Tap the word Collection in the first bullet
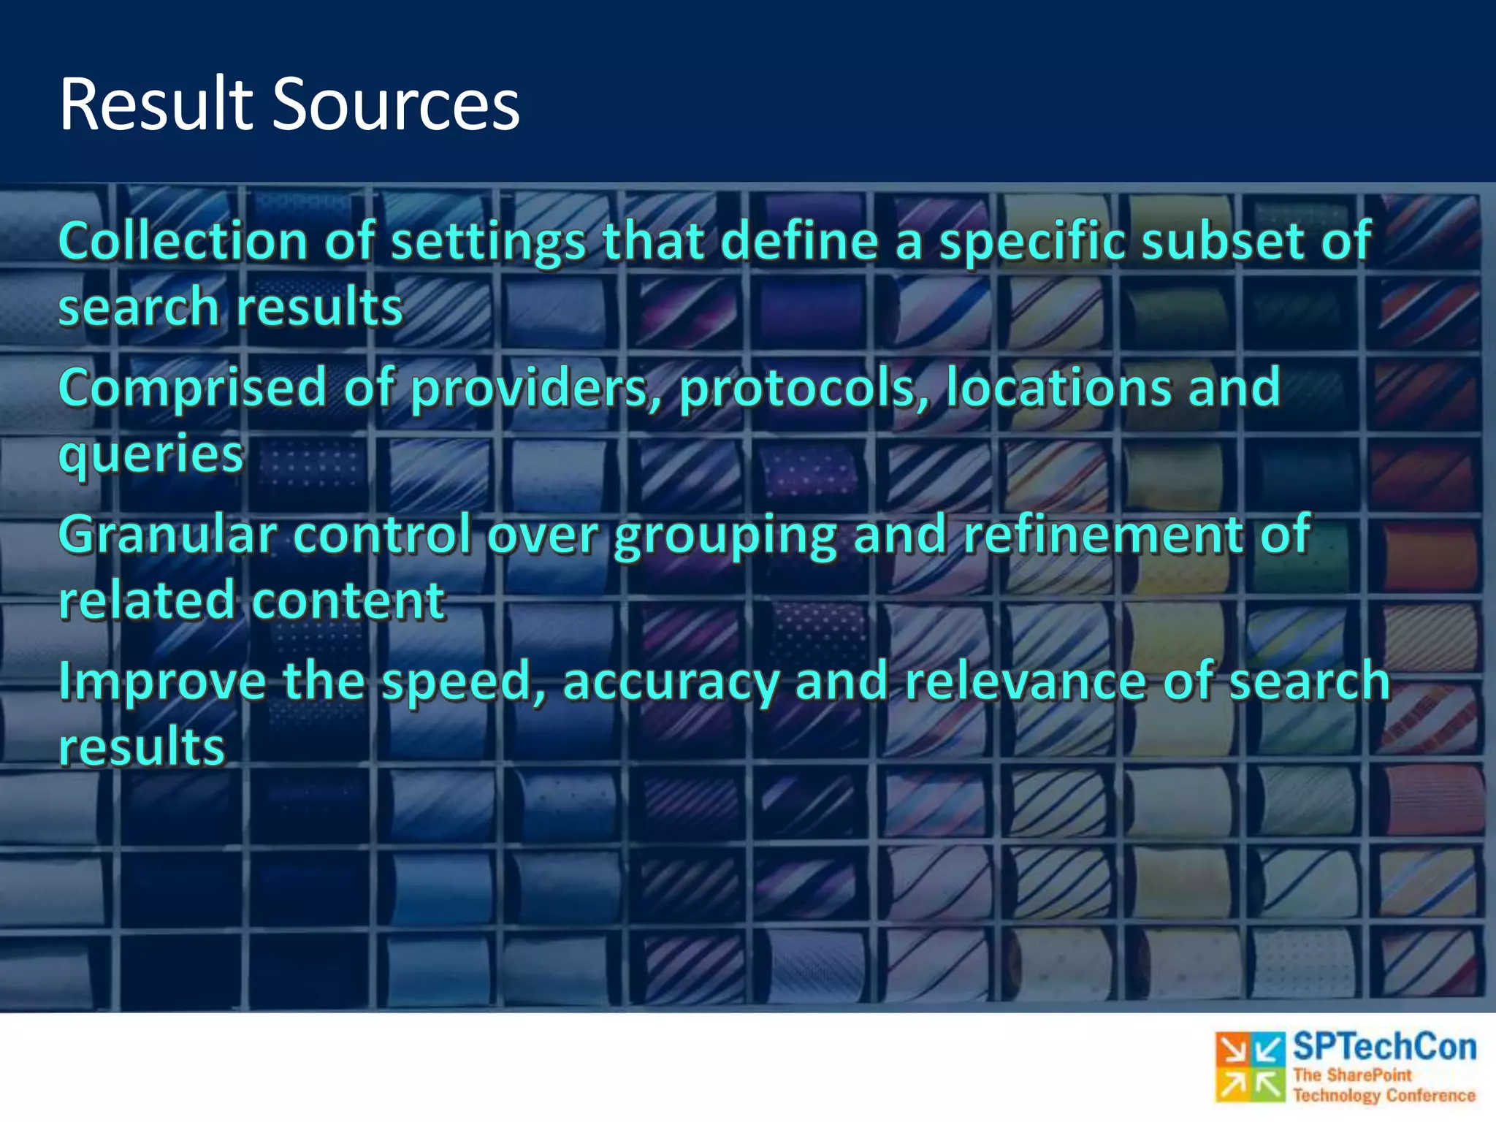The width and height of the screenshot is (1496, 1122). (x=183, y=241)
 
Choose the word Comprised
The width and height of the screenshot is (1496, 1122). (x=192, y=389)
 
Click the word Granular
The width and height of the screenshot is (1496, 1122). (x=167, y=534)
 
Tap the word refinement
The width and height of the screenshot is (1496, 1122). (x=1102, y=534)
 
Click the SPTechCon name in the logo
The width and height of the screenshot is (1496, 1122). (x=1384, y=1047)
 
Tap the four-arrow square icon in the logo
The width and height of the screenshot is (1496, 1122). (x=1250, y=1067)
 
